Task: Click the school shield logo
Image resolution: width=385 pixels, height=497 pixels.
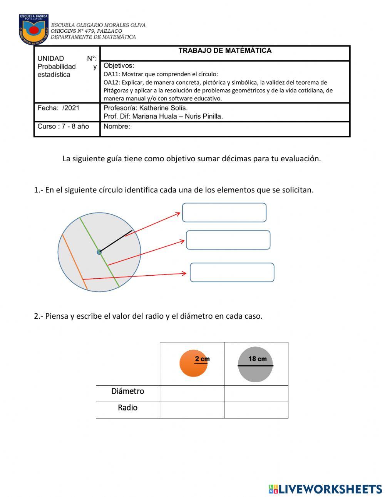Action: click(x=34, y=30)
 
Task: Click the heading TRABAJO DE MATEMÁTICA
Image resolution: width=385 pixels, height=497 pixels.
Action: click(x=225, y=51)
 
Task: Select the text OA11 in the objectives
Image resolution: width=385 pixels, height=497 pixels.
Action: click(x=111, y=74)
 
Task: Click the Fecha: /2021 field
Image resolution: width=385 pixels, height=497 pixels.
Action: click(x=59, y=108)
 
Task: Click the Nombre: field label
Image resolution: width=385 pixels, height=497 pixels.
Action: click(x=117, y=127)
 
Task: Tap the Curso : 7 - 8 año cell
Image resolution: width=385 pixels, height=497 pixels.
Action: click(x=63, y=127)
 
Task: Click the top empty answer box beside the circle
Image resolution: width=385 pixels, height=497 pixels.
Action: click(x=224, y=213)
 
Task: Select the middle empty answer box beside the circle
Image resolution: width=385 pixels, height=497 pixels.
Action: click(x=228, y=240)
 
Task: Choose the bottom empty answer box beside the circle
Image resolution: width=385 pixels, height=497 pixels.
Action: click(x=232, y=273)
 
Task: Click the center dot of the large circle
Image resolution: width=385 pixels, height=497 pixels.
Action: click(x=99, y=252)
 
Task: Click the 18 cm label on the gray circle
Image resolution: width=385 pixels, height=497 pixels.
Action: click(x=257, y=359)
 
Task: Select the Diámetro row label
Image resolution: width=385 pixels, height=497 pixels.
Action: click(x=128, y=392)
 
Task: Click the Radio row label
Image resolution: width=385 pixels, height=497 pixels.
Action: click(x=128, y=408)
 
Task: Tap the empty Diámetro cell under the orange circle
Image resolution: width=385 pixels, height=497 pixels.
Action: click(x=192, y=394)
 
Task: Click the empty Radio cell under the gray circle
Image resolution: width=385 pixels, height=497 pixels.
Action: click(x=256, y=410)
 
